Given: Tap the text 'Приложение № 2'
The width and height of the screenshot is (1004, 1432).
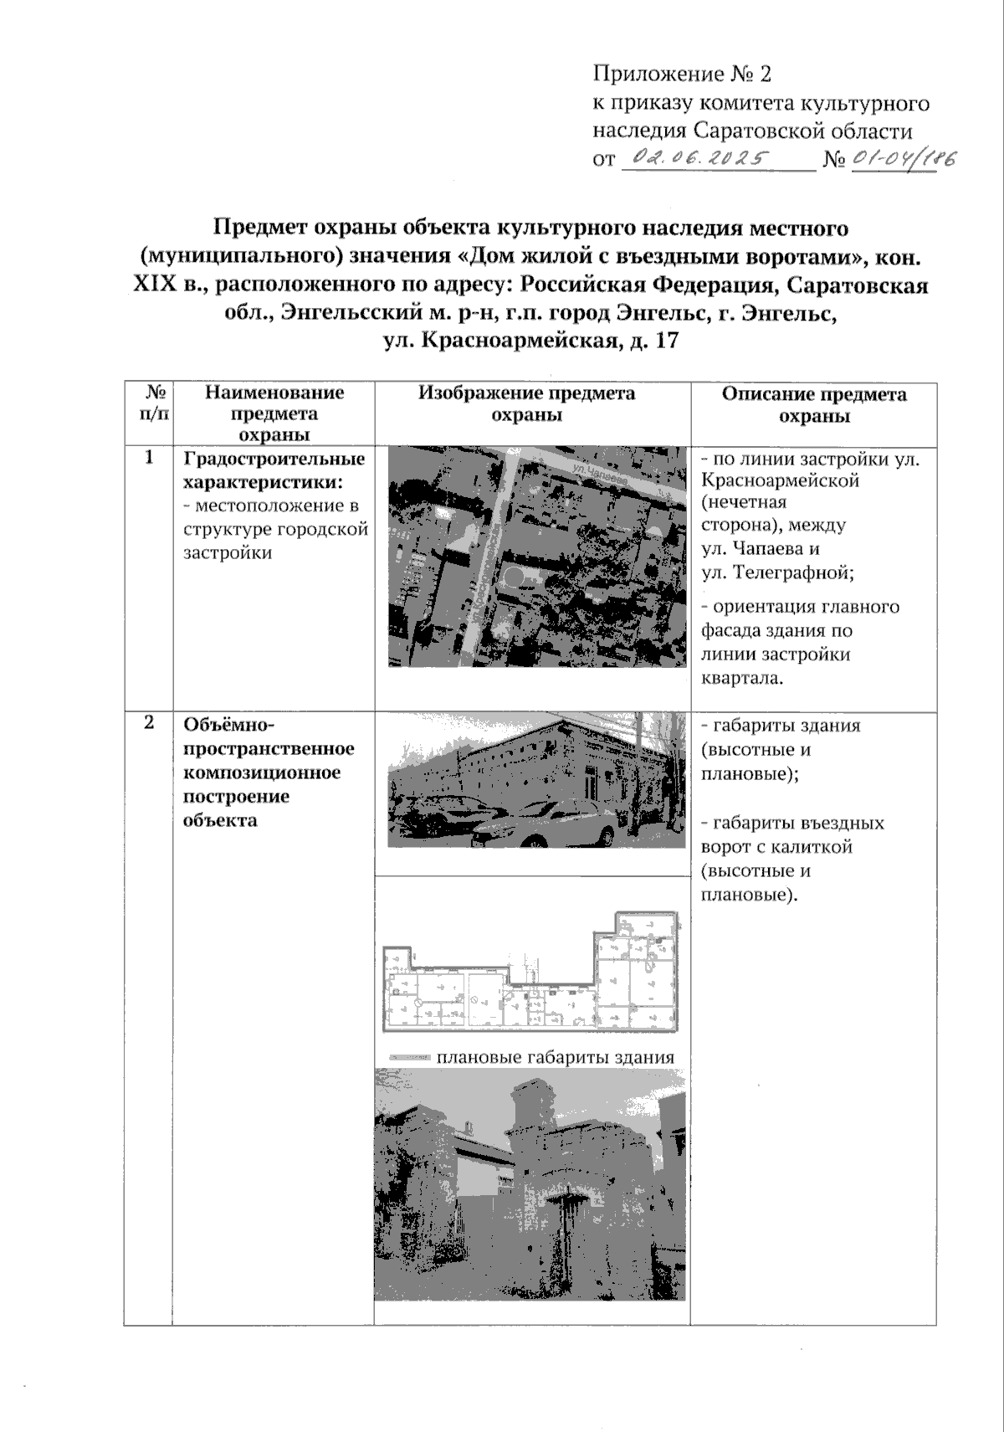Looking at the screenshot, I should click(682, 74).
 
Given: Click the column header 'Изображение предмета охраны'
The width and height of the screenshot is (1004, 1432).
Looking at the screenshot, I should click(527, 404).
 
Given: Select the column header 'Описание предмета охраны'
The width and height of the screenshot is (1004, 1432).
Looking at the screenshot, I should click(813, 404).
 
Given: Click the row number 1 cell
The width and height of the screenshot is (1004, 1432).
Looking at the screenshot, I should click(149, 458).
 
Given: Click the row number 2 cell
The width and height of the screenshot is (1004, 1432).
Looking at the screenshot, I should click(149, 722).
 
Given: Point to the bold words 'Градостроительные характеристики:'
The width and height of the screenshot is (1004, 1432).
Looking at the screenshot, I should click(274, 470).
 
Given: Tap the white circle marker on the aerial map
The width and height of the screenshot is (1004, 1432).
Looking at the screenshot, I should click(513, 577).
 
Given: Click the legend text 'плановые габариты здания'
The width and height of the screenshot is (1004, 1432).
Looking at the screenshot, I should click(554, 1057).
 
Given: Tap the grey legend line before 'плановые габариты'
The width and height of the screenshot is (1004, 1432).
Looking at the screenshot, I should click(410, 1058).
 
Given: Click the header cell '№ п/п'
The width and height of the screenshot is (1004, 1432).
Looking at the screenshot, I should click(149, 403).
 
